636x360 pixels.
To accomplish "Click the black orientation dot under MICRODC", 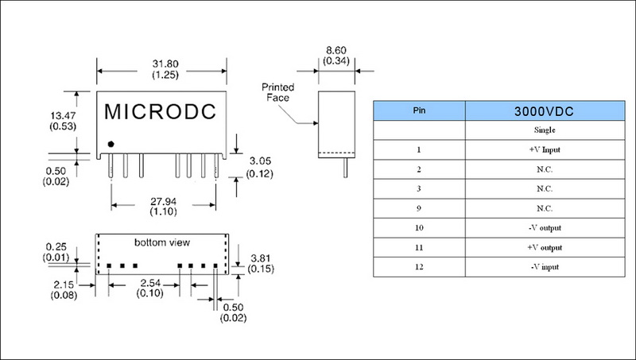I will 111,143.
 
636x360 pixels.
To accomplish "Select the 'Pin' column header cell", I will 419,110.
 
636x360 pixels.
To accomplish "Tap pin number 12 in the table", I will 419,268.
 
